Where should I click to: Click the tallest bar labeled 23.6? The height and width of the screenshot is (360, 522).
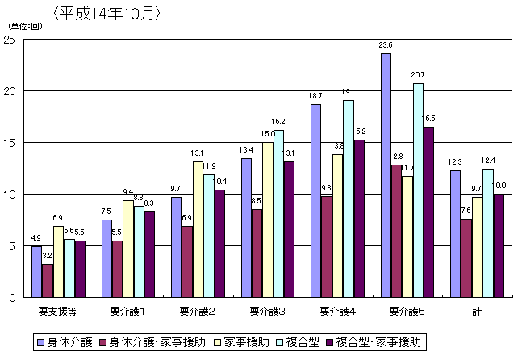[x=386, y=175]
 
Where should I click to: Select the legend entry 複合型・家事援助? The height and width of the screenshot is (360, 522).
[x=378, y=342]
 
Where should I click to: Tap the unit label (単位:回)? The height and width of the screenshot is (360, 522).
[x=25, y=27]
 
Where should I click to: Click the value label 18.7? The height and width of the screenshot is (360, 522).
[x=315, y=96]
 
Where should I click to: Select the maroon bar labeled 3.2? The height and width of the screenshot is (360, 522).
[x=48, y=280]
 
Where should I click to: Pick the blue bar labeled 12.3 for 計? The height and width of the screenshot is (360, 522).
[x=456, y=233]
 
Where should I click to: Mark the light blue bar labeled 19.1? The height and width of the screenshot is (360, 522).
[x=348, y=199]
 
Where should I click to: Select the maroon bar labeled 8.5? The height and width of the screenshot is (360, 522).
[x=257, y=253]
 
